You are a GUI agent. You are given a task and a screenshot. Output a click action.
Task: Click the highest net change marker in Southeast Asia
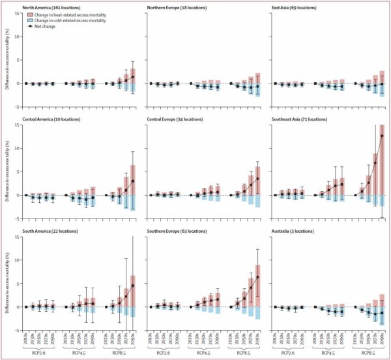(x=381, y=136)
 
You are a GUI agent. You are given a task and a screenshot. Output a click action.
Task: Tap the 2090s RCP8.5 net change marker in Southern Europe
(x=257, y=277)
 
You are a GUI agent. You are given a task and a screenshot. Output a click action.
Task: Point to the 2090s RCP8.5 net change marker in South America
(x=133, y=286)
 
